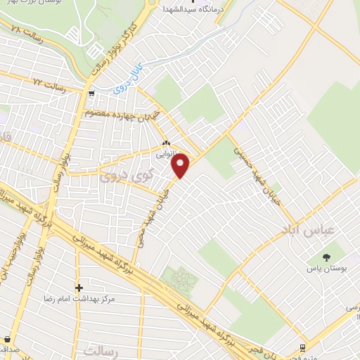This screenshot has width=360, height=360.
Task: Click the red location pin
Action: tap(181, 165)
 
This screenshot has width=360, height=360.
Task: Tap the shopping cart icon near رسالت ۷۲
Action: tap(91, 93)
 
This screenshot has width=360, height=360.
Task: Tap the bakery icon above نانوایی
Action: tap(167, 139)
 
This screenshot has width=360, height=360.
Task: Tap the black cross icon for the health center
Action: tap(79, 287)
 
